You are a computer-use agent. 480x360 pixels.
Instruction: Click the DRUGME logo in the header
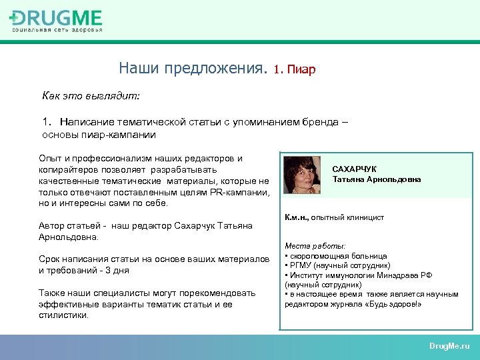click(x=57, y=20)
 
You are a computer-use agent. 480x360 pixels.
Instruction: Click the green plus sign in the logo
click(x=14, y=19)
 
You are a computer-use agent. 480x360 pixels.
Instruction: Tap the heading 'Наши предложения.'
click(x=193, y=68)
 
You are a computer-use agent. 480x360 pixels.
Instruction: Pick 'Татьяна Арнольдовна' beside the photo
click(x=376, y=179)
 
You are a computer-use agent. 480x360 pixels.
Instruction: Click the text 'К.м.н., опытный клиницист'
click(x=334, y=217)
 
